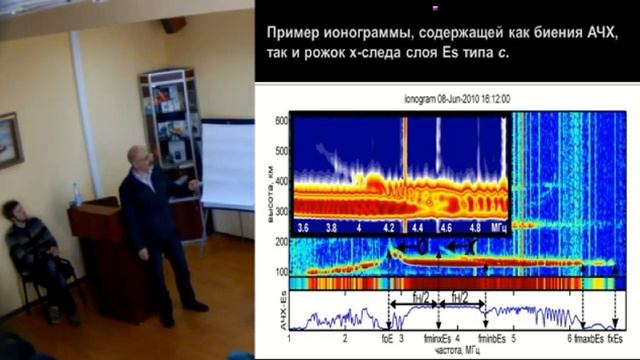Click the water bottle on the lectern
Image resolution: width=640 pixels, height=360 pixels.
pyautogui.click(x=77, y=194)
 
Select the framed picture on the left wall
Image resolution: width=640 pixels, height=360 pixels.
pyautogui.click(x=9, y=139)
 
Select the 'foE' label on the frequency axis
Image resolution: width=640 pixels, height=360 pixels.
pyautogui.click(x=388, y=341)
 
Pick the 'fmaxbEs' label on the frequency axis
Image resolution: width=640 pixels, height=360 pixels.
pyautogui.click(x=585, y=341)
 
